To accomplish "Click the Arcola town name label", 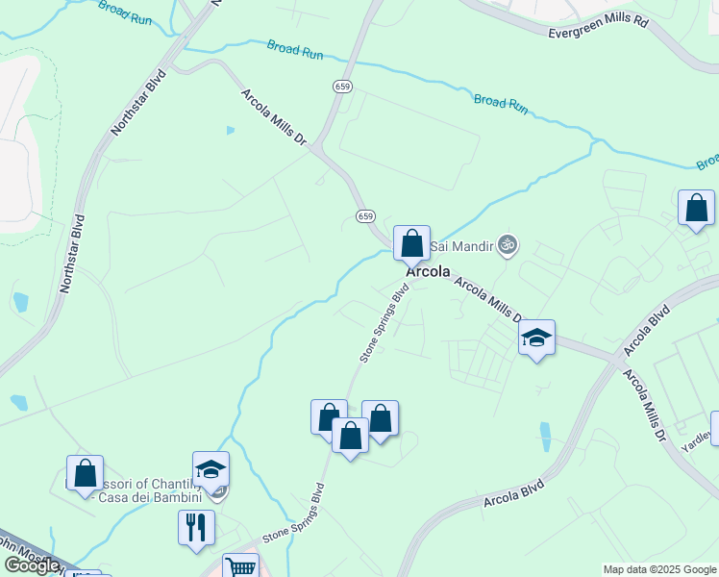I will [428, 272].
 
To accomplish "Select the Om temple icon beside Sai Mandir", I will [508, 245].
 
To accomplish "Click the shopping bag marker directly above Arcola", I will [411, 244].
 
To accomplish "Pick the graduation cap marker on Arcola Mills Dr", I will [536, 339].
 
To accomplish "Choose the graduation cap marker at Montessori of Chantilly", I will [211, 470].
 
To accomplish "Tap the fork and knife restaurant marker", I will [196, 528].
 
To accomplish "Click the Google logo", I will [31, 565].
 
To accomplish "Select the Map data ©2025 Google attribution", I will [659, 569].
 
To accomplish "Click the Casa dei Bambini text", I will [156, 497].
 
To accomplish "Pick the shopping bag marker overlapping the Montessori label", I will [85, 474].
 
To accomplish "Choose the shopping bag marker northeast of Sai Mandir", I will [696, 209].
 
